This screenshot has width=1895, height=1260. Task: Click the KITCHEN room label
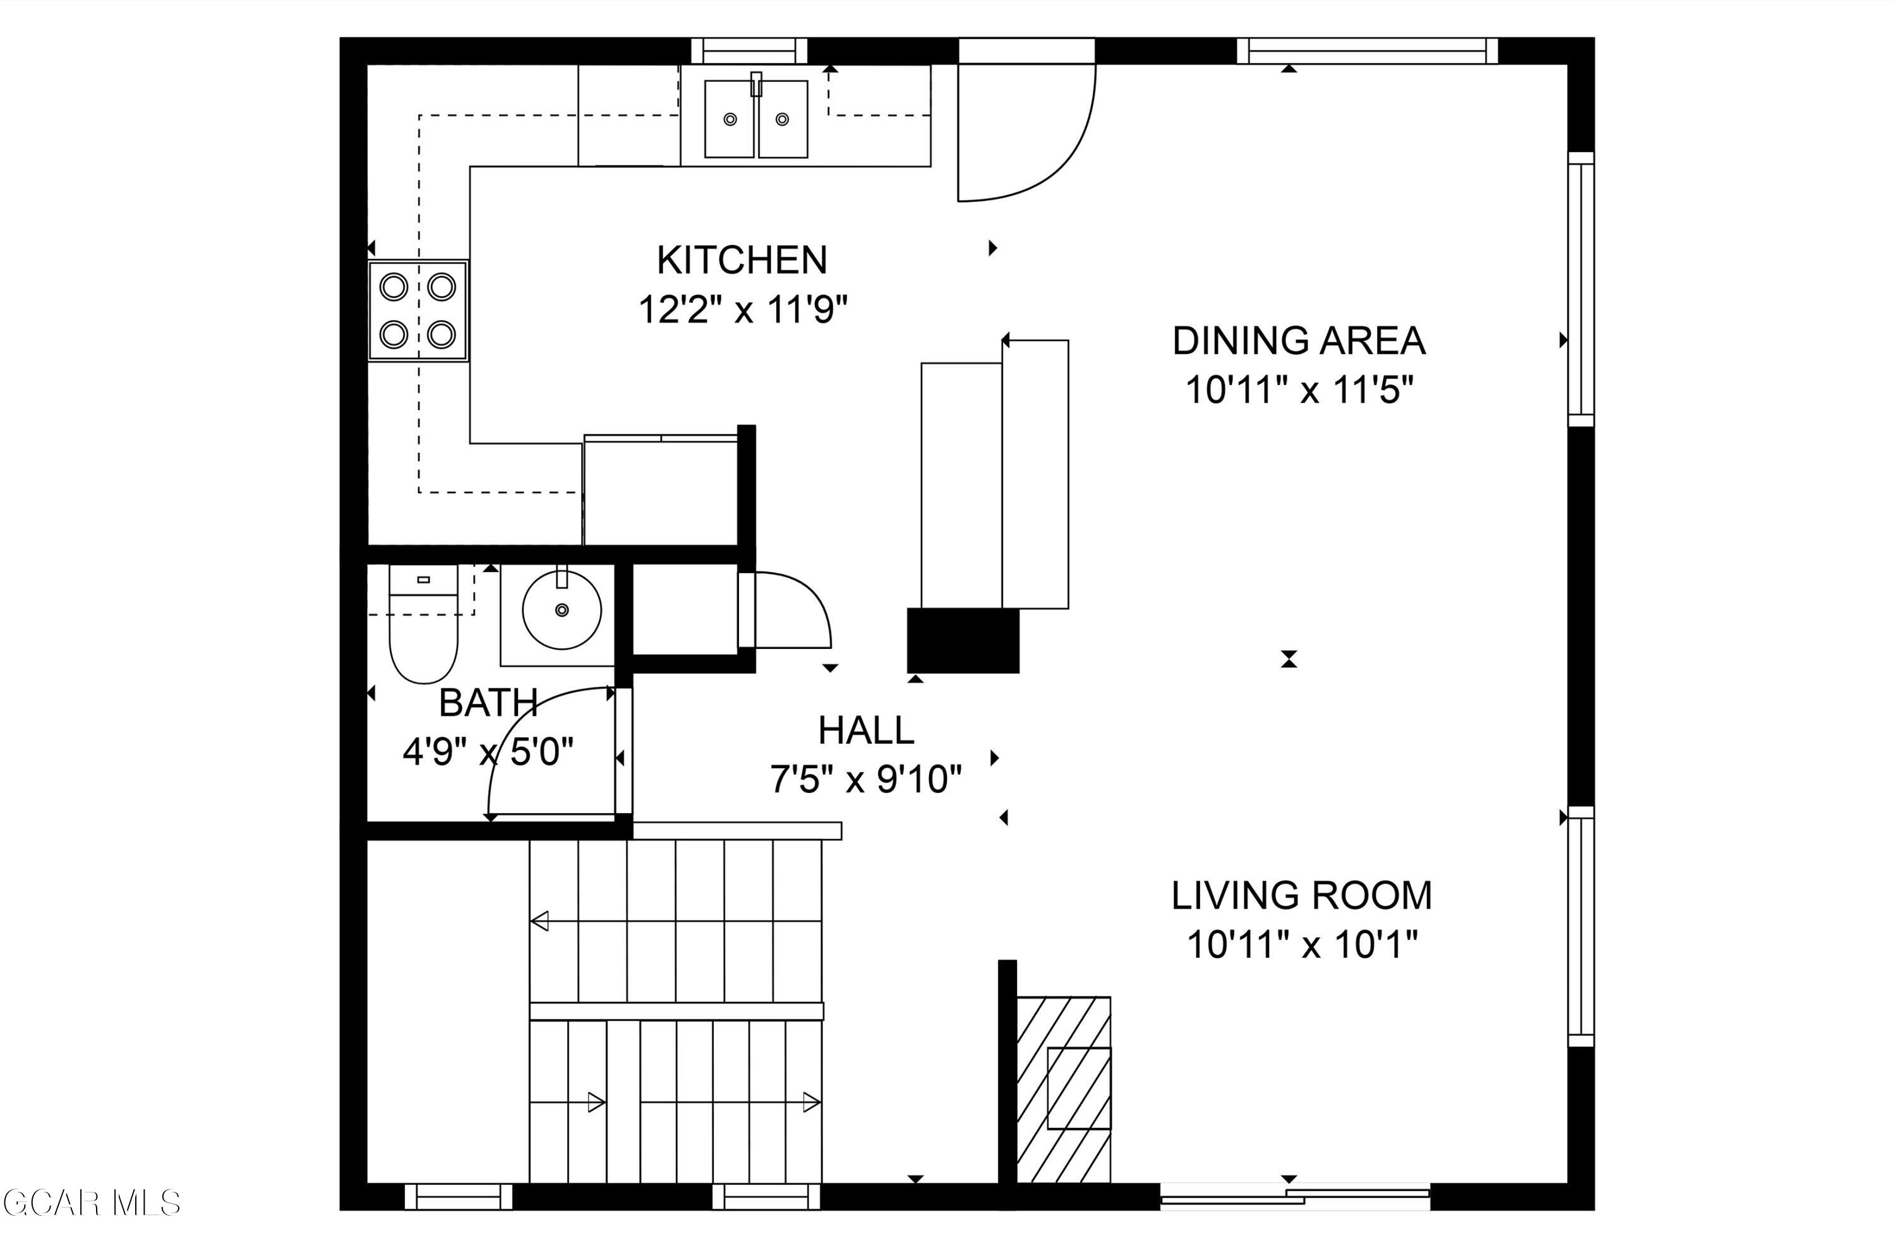(x=742, y=259)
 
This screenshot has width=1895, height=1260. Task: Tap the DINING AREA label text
(x=1299, y=341)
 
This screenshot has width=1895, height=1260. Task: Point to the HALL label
(x=866, y=730)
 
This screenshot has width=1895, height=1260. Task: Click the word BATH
(x=488, y=703)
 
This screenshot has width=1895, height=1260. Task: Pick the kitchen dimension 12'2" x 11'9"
(x=743, y=309)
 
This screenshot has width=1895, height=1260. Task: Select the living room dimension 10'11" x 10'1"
(x=1302, y=945)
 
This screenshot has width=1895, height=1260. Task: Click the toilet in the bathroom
(x=424, y=623)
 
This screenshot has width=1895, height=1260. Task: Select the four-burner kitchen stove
(x=418, y=310)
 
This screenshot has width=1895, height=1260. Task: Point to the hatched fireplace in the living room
(x=1064, y=1090)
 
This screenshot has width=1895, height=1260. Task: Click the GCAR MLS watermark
(x=91, y=1203)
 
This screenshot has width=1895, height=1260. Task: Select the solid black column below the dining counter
(x=963, y=641)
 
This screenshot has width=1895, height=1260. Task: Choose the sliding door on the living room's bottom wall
(x=1294, y=1196)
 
